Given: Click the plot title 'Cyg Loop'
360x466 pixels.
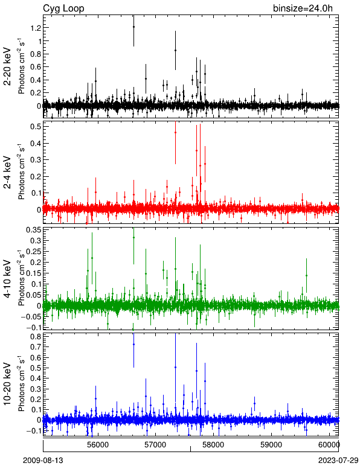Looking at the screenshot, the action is [63, 8].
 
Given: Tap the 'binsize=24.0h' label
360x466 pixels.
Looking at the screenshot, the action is [303, 8].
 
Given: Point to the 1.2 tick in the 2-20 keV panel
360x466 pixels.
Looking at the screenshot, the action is [36, 28].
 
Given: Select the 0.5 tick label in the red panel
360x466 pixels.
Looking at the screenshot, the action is [36, 127].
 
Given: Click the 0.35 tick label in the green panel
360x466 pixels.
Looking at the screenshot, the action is [34, 230].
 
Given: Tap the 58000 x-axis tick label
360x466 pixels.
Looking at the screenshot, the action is [214, 445].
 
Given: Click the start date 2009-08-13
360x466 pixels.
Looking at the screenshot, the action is [43, 461].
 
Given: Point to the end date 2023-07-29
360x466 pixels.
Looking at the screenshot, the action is [338, 461].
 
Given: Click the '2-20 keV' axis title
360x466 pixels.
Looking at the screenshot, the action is [7, 66].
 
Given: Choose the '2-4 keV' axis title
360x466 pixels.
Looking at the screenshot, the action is [7, 173].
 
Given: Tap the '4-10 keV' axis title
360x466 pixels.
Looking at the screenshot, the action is [7, 279].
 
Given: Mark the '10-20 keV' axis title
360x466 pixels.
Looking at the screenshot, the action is [7, 384].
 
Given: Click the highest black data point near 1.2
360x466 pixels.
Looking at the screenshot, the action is [133, 27].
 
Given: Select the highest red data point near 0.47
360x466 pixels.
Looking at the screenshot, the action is [175, 132].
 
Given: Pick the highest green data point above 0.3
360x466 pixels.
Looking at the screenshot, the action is [133, 237].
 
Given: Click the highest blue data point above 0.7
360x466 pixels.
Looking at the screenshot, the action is [133, 344].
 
